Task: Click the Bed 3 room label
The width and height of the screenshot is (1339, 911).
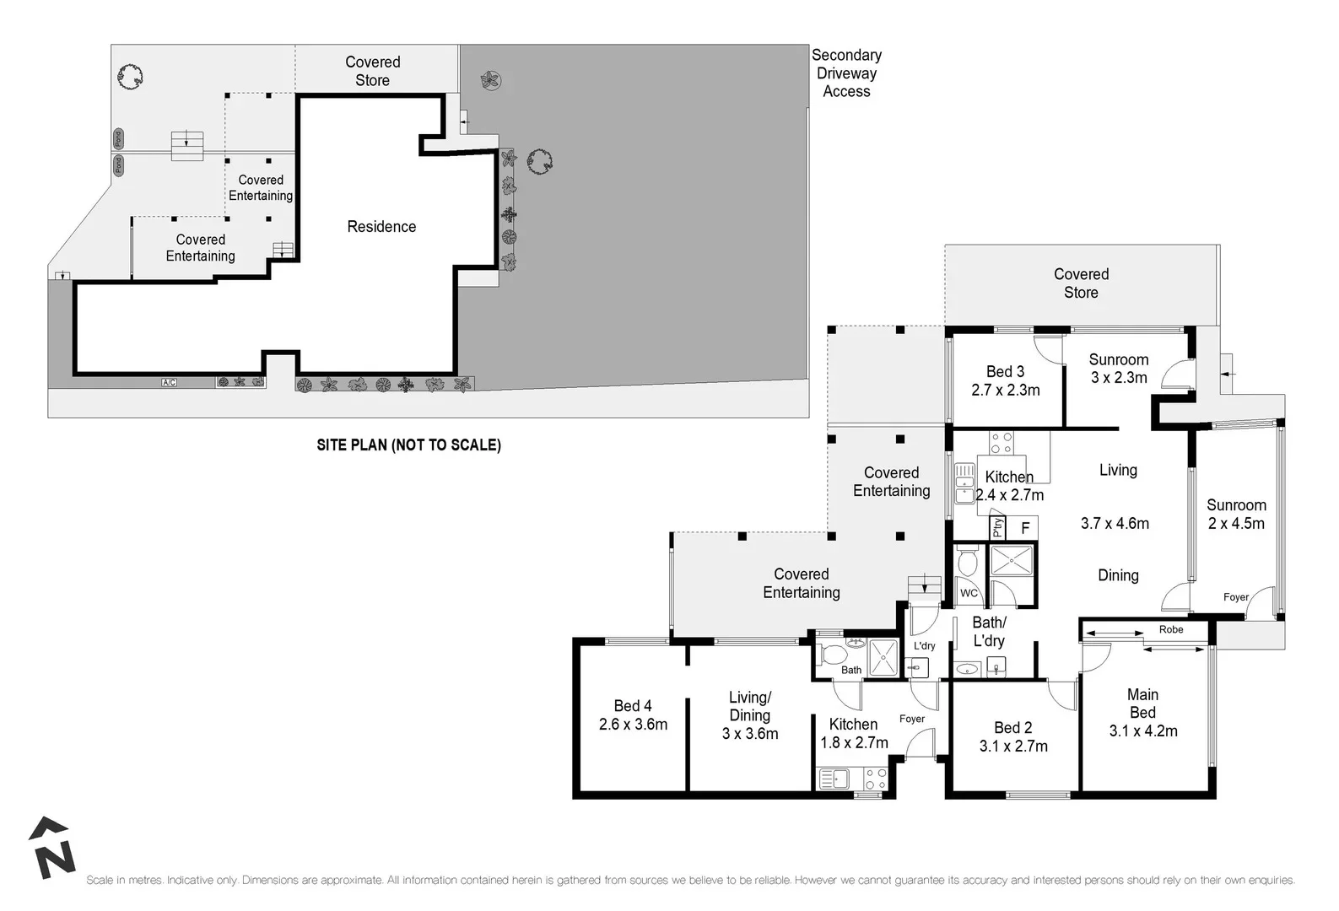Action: [x=1005, y=372]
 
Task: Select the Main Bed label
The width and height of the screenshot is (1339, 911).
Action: [x=1142, y=703]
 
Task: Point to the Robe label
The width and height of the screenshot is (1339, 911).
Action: [x=1170, y=630]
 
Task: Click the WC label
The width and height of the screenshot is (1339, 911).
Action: [x=969, y=593]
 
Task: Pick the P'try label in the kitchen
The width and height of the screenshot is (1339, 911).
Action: [x=997, y=528]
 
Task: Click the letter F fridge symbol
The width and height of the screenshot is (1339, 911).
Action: [x=1025, y=529]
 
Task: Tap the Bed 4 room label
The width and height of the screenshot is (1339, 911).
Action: [x=632, y=706]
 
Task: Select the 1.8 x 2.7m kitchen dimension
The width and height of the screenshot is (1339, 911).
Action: [x=854, y=743]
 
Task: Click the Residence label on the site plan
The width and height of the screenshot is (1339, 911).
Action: [x=381, y=226]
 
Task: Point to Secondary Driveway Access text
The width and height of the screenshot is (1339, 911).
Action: [x=846, y=73]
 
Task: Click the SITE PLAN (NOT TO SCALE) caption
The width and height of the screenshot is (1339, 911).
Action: [x=408, y=445]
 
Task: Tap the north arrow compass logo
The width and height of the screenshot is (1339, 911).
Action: [x=52, y=848]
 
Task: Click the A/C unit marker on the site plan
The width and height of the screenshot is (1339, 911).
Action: [x=169, y=383]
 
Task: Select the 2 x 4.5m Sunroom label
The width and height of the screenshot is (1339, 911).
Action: [x=1235, y=515]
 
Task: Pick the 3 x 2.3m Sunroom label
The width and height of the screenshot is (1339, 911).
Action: [x=1118, y=369]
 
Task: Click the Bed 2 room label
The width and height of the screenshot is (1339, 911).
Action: [x=1012, y=728]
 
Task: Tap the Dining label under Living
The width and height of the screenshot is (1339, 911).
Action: [x=1117, y=575]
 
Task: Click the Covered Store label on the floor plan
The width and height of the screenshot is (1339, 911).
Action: [x=1081, y=283]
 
